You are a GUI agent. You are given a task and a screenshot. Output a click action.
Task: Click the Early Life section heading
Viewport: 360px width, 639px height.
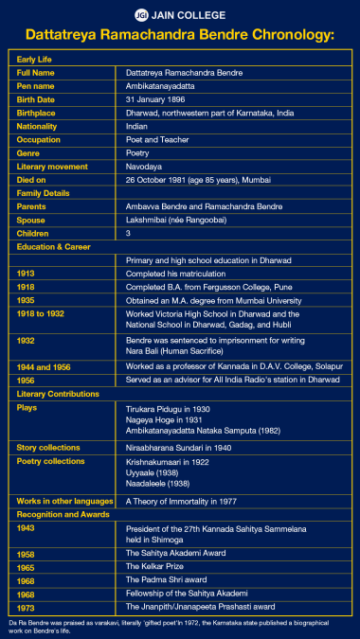click(x=38, y=59)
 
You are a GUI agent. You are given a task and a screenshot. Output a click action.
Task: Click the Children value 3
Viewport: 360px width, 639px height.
click(x=129, y=232)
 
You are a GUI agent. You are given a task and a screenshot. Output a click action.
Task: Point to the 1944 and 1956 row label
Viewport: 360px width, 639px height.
click(x=45, y=365)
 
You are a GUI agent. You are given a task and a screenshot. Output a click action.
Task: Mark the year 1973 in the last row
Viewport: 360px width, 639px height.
click(x=27, y=607)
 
